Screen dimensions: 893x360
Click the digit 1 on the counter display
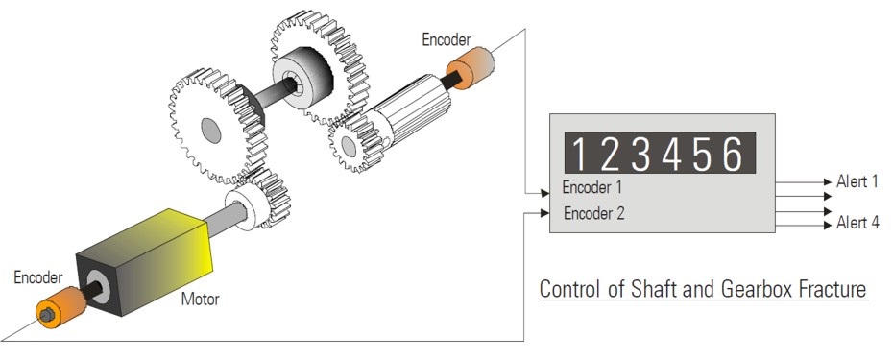click(579, 154)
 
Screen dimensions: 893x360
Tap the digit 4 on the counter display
click(671, 154)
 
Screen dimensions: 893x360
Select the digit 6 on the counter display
click(733, 154)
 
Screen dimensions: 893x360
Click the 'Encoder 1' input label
click(592, 187)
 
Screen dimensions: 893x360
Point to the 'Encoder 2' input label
click(594, 214)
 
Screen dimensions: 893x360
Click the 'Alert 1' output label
click(857, 181)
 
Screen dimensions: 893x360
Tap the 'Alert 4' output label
click(857, 222)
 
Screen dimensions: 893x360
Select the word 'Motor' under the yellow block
click(200, 299)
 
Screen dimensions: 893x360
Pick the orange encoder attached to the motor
click(60, 307)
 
